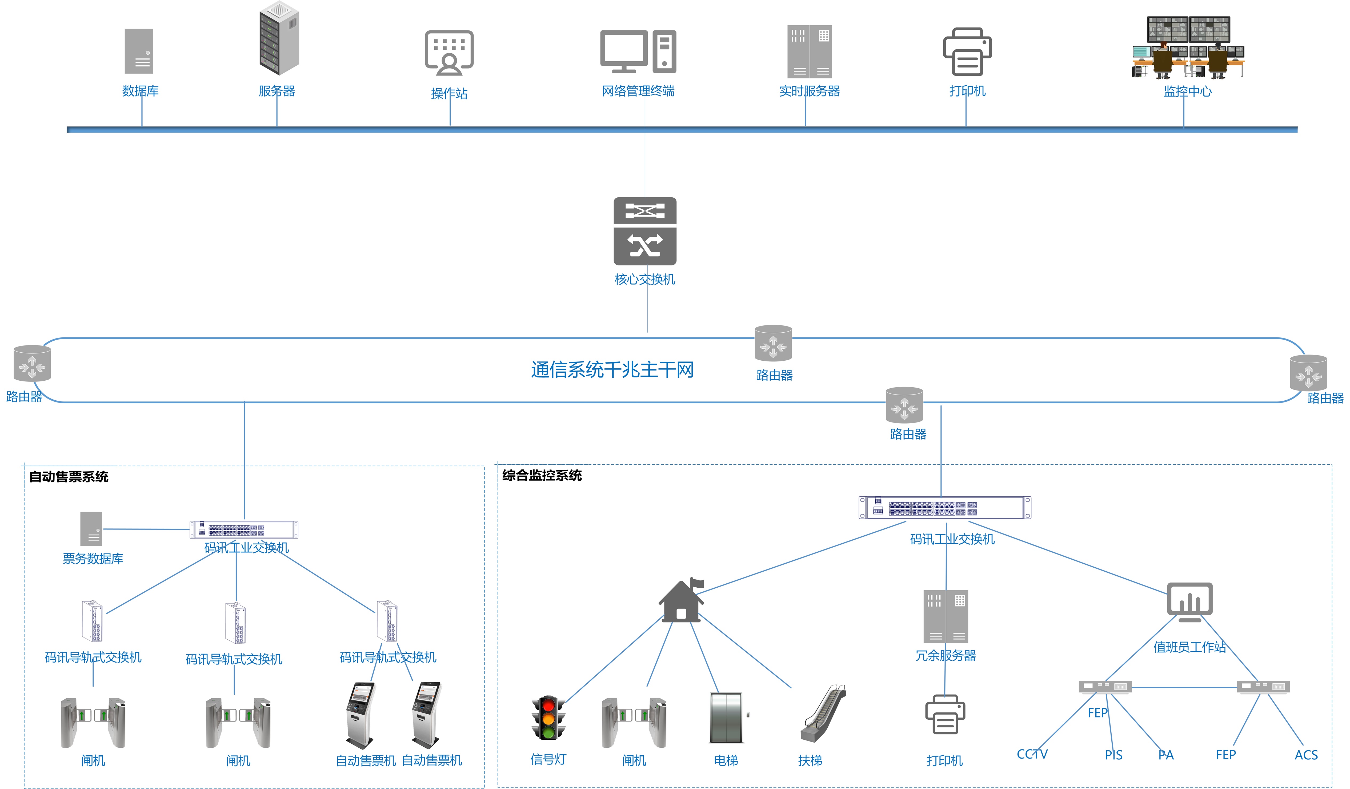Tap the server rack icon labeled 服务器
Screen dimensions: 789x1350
click(x=279, y=39)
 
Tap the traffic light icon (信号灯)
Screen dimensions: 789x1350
click(x=548, y=718)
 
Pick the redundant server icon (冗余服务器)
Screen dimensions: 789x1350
click(x=946, y=616)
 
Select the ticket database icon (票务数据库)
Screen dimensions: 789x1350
click(x=91, y=529)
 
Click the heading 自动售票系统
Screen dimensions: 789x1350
click(x=69, y=476)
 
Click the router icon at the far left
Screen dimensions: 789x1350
click(x=32, y=363)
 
